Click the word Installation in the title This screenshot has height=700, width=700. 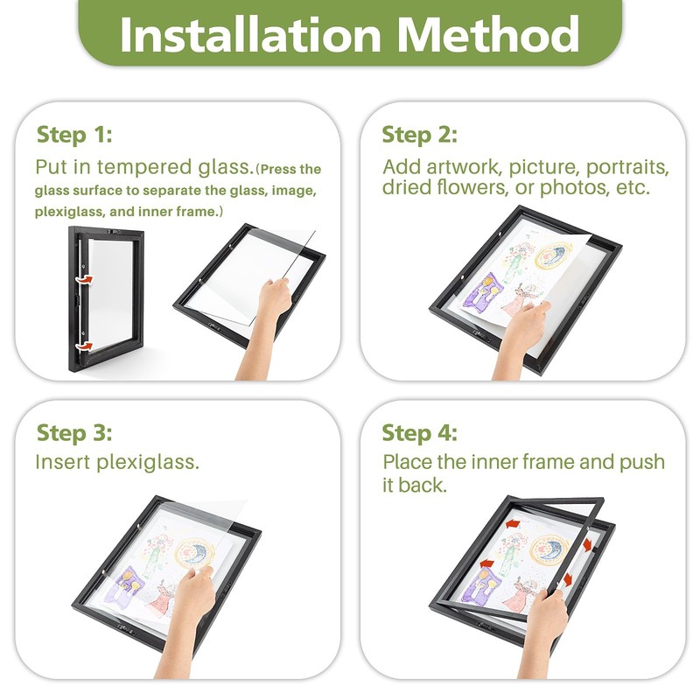[x=250, y=34]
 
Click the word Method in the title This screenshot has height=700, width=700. [x=488, y=34]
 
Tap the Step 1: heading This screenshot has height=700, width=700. [x=74, y=135]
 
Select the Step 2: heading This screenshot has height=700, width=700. [x=420, y=135]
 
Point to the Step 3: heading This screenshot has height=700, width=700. [x=74, y=432]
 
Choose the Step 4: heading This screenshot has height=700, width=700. [x=420, y=432]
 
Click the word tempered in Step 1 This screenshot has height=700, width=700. [x=144, y=168]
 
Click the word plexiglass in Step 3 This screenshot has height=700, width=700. [x=148, y=463]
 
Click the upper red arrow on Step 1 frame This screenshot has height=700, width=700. [x=84, y=279]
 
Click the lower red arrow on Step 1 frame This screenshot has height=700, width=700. [x=84, y=346]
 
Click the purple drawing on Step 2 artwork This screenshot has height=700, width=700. [x=482, y=293]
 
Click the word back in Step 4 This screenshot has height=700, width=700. [x=422, y=486]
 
